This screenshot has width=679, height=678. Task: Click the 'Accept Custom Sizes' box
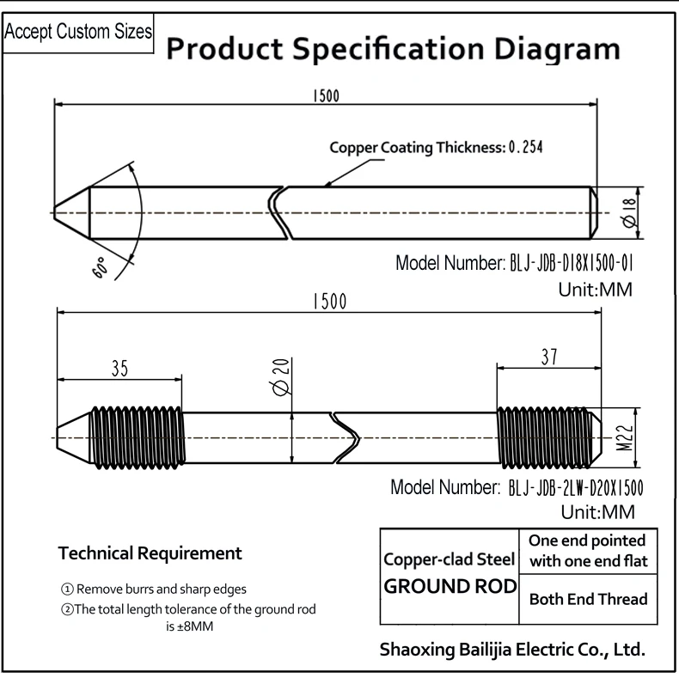pyautogui.click(x=79, y=33)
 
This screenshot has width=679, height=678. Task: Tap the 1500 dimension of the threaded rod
pyautogui.click(x=329, y=302)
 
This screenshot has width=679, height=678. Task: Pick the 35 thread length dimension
pyautogui.click(x=119, y=369)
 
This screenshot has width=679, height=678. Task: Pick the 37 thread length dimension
pyautogui.click(x=548, y=355)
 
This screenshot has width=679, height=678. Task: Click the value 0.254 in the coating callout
pyautogui.click(x=526, y=147)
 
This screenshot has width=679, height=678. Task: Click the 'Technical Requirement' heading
pyautogui.click(x=150, y=553)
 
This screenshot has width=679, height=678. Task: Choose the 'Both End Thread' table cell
pyautogui.click(x=588, y=599)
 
